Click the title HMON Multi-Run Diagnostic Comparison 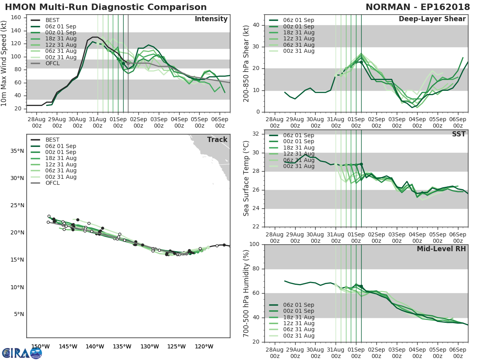click(106, 7)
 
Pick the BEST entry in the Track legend click(52, 140)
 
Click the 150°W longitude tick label click(40, 346)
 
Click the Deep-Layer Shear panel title click(432, 19)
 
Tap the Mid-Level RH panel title click(441, 249)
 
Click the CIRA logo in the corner click(22, 353)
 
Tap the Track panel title click(217, 140)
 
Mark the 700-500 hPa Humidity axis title click(246, 293)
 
